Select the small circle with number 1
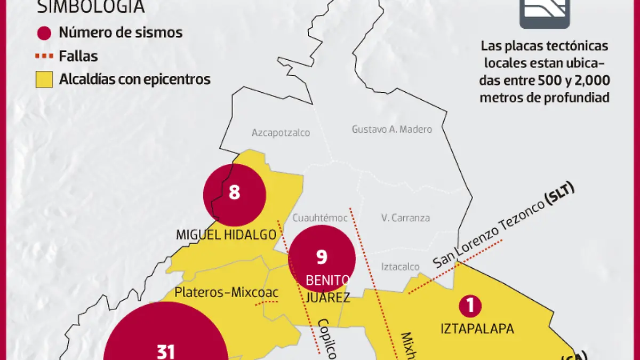(x=470, y=306)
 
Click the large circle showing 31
(x=165, y=341)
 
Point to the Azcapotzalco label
(x=281, y=133)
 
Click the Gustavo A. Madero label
(x=391, y=129)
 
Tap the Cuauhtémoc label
(x=320, y=218)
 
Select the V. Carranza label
(x=405, y=218)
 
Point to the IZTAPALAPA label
(x=477, y=329)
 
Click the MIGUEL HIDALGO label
(x=226, y=235)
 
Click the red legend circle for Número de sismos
(x=44, y=33)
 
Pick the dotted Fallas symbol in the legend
(x=44, y=56)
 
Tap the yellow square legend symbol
(x=44, y=79)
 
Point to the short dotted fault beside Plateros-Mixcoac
(x=267, y=303)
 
